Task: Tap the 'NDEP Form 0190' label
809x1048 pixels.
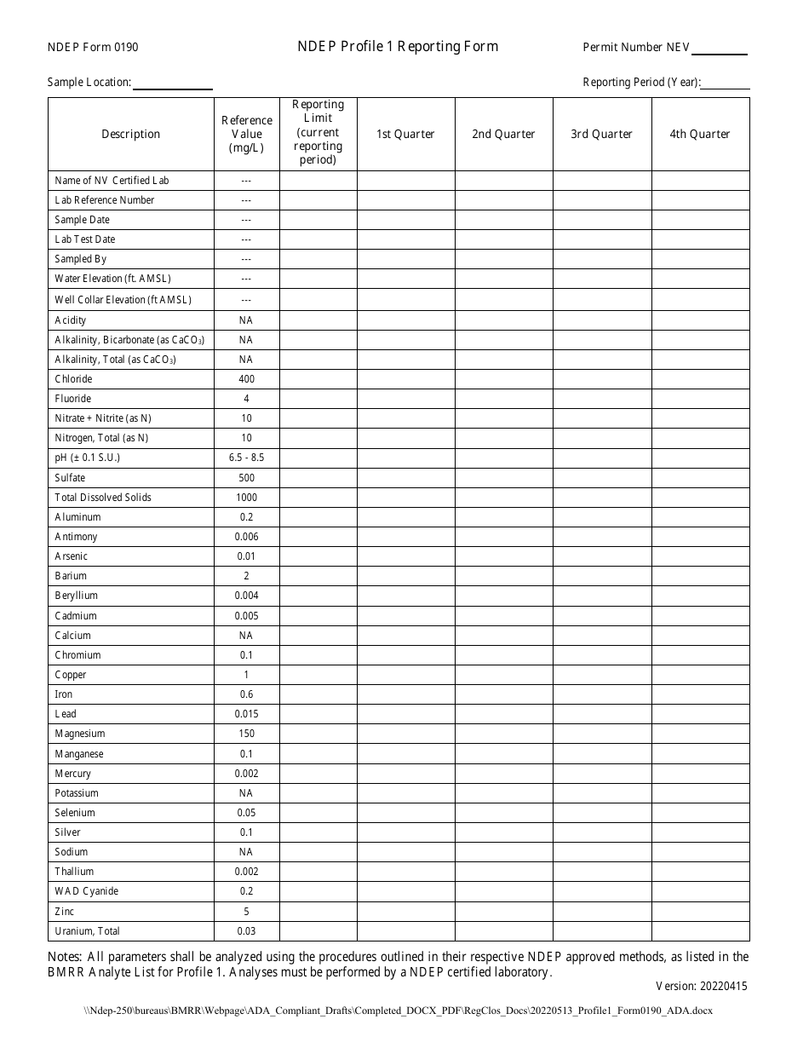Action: tap(93, 48)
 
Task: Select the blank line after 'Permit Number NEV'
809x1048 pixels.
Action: tap(719, 49)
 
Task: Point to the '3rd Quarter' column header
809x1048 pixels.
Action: tap(602, 134)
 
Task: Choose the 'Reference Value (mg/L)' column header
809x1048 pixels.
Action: tap(247, 134)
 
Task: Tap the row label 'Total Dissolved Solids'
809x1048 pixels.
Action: tap(103, 498)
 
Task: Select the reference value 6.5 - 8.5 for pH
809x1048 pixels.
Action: tap(247, 458)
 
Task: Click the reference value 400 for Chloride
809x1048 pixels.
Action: tap(247, 379)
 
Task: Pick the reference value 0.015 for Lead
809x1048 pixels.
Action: tap(247, 714)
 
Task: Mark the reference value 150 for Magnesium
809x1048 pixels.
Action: tap(247, 734)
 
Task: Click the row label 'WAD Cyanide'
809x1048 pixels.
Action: tap(87, 891)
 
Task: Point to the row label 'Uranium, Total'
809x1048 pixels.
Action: tap(88, 931)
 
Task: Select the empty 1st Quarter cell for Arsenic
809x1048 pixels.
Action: tap(405, 556)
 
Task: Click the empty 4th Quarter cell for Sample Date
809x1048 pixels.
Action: tap(700, 220)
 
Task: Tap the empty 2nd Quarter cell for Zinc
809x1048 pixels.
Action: tap(503, 912)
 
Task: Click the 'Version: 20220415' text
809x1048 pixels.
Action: tap(702, 987)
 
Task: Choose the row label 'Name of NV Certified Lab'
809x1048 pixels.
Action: tap(112, 181)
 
